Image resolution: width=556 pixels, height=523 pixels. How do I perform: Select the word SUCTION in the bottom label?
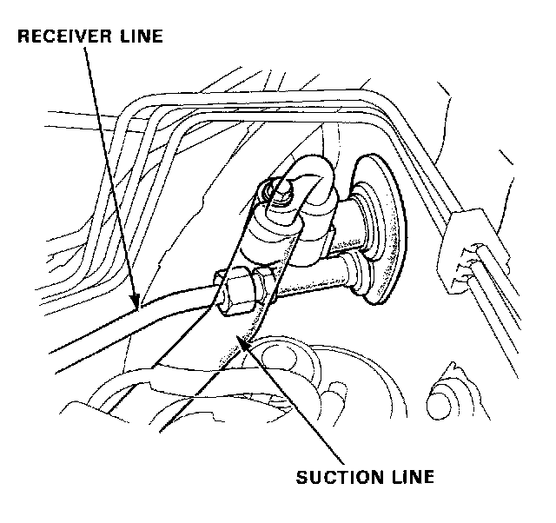click(x=334, y=477)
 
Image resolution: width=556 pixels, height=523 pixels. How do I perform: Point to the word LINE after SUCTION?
click(x=410, y=477)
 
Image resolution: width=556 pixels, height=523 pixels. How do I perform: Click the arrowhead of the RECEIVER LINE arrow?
click(x=136, y=305)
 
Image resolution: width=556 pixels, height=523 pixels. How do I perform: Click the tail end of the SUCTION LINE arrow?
click(x=338, y=461)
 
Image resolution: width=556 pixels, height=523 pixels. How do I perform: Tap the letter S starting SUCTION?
click(x=301, y=477)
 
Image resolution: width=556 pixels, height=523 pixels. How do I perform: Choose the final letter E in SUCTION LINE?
click(x=428, y=477)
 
